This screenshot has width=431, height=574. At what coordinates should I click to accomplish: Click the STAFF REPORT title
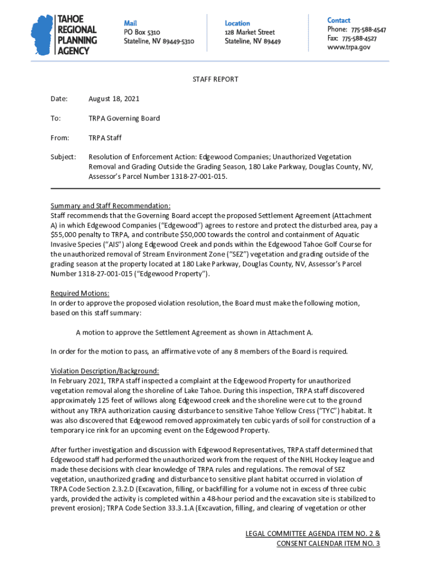(215, 80)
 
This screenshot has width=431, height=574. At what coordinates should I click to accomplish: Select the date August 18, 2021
(114, 99)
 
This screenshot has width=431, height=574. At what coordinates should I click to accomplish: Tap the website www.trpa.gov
(349, 48)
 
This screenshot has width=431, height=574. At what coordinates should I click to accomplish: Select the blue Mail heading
(130, 22)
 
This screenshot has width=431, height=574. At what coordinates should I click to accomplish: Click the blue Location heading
(237, 23)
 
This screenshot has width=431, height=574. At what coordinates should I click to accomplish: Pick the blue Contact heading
(339, 20)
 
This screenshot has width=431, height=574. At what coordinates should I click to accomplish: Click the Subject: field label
(63, 158)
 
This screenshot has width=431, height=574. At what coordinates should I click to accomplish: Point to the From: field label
(60, 138)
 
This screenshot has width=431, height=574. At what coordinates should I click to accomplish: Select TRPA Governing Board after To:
(124, 118)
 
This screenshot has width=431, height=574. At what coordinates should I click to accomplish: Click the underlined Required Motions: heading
(80, 294)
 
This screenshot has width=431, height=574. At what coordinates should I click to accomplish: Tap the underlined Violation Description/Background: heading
(105, 371)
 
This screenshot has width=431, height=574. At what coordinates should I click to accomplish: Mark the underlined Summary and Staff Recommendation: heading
(110, 206)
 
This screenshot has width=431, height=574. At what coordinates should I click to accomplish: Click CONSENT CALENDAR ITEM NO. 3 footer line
(328, 544)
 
